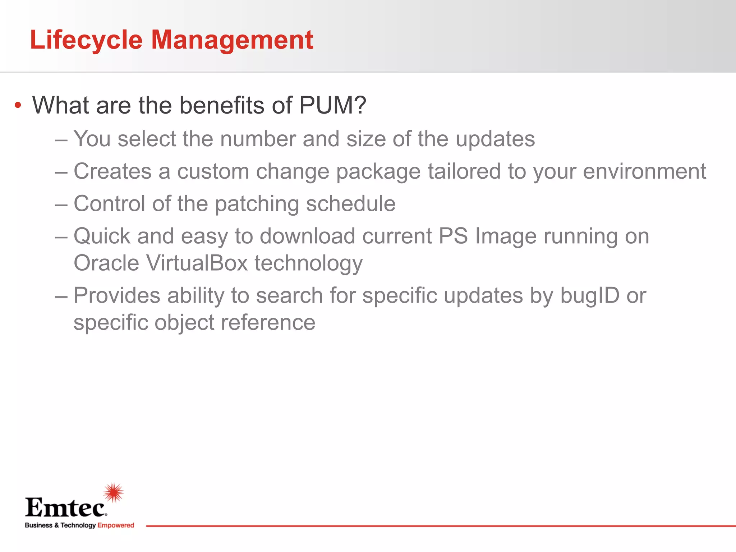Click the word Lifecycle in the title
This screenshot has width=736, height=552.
86,40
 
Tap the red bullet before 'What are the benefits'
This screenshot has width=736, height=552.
18,106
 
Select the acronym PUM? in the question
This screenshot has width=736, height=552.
332,105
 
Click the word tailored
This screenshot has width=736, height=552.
464,171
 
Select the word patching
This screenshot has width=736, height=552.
257,204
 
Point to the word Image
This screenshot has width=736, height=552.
506,236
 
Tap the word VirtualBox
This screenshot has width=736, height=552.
197,263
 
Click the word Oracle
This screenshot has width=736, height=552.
106,263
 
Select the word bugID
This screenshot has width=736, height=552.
590,296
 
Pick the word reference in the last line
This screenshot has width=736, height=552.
268,322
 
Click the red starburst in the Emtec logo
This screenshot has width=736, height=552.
114,492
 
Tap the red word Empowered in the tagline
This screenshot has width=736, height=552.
116,525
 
